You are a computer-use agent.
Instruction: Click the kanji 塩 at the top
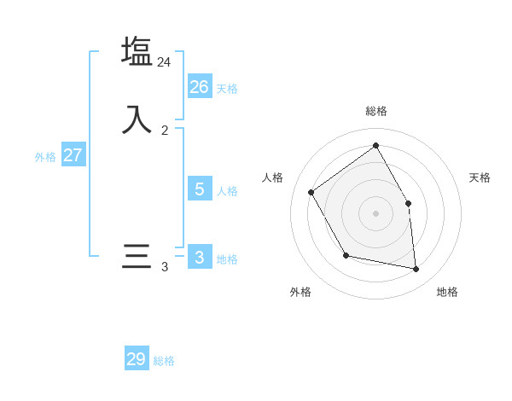point(137,51)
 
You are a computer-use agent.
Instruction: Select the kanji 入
point(137,119)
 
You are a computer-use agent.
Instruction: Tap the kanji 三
point(137,256)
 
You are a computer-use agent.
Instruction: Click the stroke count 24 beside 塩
point(164,62)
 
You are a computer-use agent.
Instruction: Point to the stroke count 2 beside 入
point(165,131)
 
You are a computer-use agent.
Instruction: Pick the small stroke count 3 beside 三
point(165,267)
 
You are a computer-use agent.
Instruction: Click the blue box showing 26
point(200,86)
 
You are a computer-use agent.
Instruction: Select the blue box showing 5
point(200,189)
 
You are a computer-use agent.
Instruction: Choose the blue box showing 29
point(137,359)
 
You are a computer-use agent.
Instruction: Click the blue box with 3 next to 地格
point(200,257)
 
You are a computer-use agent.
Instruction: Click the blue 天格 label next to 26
point(227,89)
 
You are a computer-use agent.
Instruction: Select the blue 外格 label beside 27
point(45,157)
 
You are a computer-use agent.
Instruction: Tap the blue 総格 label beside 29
point(164,362)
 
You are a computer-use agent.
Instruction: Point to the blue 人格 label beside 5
point(227,191)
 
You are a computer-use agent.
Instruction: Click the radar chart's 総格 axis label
point(376,111)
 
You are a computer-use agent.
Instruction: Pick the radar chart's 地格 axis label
point(447,292)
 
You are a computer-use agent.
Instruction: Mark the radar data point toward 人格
point(311,192)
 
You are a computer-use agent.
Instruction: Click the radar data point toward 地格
point(416,269)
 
